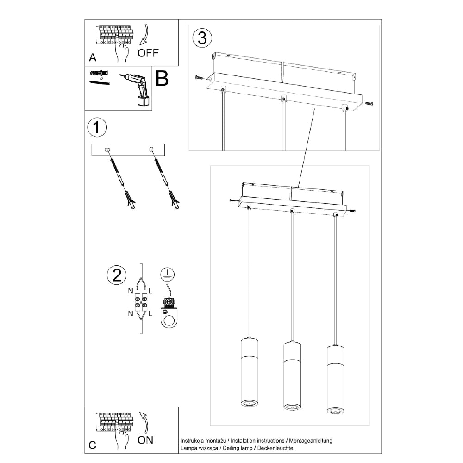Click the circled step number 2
point(116,275)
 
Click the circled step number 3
point(202,38)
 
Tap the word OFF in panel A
point(148,53)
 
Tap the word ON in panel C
point(145,440)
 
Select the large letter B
point(162,80)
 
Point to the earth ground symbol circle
point(166,274)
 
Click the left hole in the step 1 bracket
point(107,150)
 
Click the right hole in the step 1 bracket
point(151,150)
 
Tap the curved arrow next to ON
point(145,421)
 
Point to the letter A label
point(93,58)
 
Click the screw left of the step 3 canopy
point(198,77)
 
